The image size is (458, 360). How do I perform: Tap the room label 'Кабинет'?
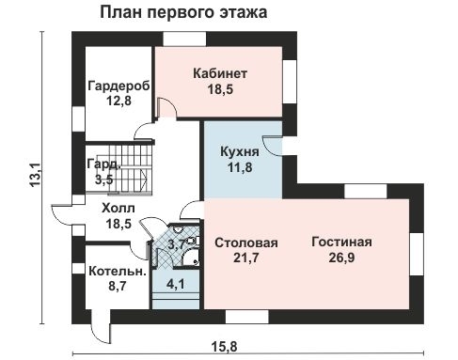(x=220, y=73)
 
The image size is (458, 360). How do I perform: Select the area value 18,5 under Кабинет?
(x=220, y=90)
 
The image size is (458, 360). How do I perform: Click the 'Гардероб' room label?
(x=118, y=86)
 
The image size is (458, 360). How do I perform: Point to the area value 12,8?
(x=118, y=102)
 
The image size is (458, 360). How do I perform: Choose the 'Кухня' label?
(x=241, y=152)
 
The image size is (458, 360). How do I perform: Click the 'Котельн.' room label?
(x=117, y=271)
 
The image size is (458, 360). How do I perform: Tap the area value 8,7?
(x=117, y=288)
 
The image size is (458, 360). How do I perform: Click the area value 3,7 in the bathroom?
(x=176, y=244)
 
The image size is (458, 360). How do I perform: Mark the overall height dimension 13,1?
(x=35, y=174)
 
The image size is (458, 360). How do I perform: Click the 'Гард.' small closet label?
(x=103, y=163)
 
